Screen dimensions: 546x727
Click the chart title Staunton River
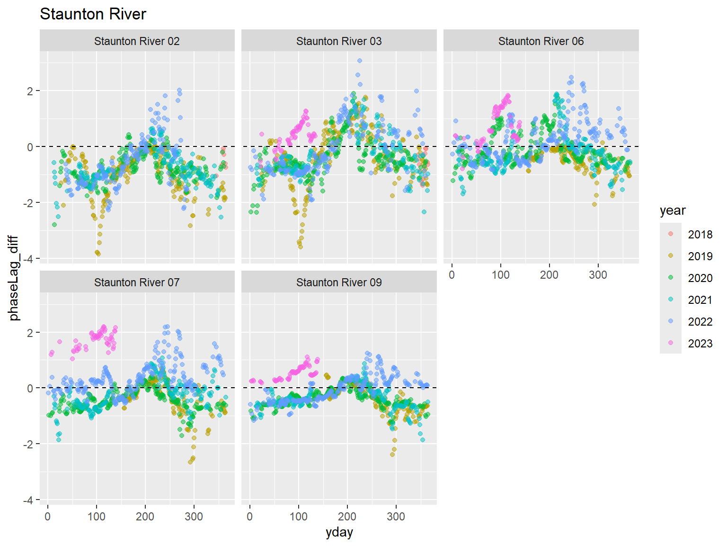93,14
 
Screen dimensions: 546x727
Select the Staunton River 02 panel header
137,41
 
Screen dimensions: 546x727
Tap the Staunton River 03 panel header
339,41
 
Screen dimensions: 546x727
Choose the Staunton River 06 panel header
541,41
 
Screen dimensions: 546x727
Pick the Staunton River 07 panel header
137,282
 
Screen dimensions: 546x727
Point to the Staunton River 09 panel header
339,282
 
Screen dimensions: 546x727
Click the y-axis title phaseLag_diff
14,278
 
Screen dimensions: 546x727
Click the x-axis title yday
339,532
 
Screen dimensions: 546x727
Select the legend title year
673,210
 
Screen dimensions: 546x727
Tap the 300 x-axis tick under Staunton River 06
598,275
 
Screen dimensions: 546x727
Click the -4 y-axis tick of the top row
29,259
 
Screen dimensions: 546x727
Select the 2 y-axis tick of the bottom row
30,333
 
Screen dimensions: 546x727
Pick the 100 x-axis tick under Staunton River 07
97,516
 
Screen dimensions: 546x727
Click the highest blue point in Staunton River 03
360,61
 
